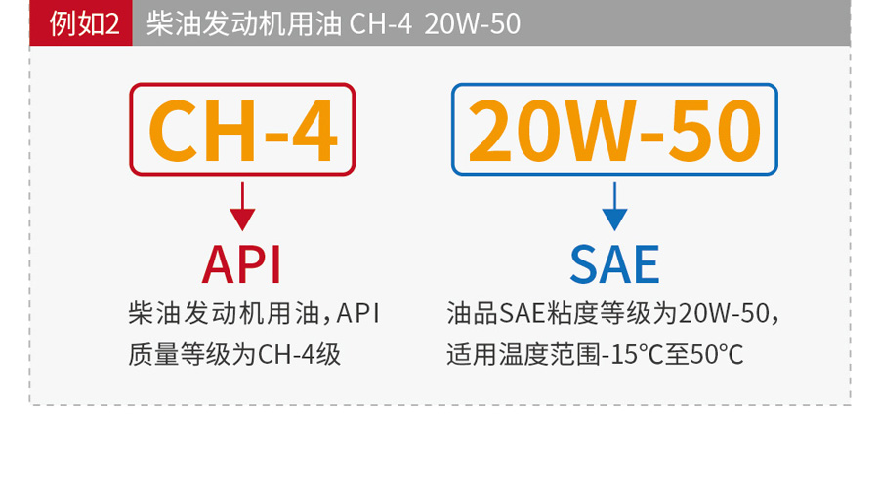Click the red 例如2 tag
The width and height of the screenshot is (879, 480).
coord(81,23)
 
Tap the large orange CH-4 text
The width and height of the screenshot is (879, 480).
coord(243,131)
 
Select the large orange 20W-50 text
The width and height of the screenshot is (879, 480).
coord(614,131)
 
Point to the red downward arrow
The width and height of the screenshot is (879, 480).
coord(242,206)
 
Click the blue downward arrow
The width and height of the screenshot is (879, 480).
coord(614,206)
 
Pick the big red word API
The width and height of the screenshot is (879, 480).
coord(241,264)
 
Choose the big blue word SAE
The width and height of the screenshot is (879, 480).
coord(614,264)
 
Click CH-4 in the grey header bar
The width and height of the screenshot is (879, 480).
coord(381,24)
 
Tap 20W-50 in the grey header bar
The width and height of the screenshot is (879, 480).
coord(472,24)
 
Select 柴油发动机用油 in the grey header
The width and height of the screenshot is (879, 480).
coord(244,24)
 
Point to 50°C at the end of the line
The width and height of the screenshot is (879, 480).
coord(717,354)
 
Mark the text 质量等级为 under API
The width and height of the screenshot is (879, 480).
coord(192,354)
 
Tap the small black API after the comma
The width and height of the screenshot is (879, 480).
coord(357,313)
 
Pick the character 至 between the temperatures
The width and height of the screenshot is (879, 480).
coord(677,354)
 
